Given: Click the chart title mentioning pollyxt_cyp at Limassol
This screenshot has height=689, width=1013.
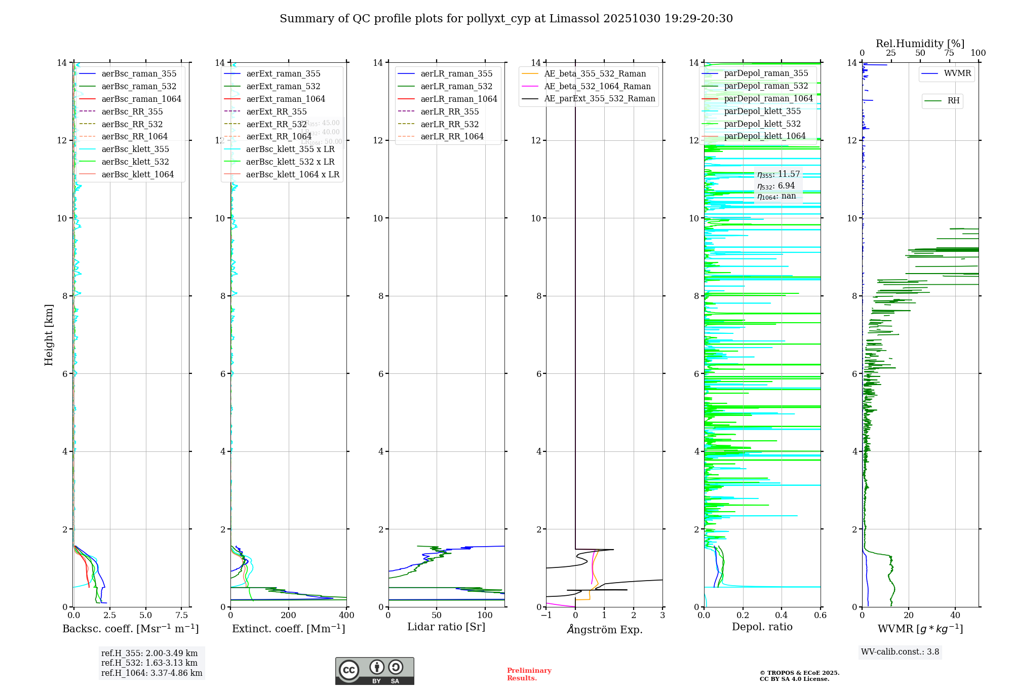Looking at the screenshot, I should (x=506, y=19).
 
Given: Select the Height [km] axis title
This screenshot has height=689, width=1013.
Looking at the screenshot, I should (x=49, y=334).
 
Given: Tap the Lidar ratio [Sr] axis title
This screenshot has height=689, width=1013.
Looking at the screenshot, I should (x=446, y=627).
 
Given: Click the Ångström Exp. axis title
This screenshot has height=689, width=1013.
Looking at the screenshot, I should (x=604, y=629).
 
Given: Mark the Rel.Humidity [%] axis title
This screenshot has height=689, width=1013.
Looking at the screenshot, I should (x=920, y=44).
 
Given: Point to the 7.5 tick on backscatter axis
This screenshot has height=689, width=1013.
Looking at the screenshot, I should (x=181, y=616).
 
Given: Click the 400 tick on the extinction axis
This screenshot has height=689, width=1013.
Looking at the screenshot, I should (x=346, y=616).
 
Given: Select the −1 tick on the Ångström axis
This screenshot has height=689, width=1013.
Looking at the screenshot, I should (x=546, y=616).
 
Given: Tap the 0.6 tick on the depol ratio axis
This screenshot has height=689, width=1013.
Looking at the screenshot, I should (x=820, y=616).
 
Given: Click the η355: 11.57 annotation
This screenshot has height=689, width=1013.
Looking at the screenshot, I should (x=778, y=174).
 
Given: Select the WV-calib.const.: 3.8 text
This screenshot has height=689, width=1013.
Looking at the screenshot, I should (x=900, y=652).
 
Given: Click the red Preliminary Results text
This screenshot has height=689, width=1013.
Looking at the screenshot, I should (x=529, y=674).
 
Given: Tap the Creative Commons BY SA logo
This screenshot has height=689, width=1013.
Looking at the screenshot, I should (x=374, y=671).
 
